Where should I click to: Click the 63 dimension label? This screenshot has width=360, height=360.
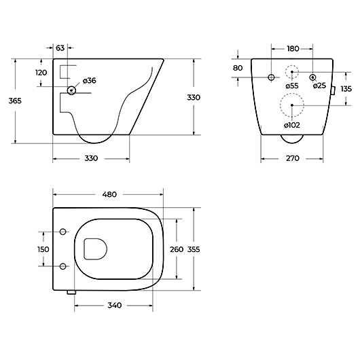60,48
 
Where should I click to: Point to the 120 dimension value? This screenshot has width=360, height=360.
41,73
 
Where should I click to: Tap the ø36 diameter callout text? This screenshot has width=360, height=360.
90,81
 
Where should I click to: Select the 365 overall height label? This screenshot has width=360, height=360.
15,101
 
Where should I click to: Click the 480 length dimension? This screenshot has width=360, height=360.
109,194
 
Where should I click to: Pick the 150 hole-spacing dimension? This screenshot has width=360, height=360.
43,249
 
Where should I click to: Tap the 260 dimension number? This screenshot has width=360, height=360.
177,249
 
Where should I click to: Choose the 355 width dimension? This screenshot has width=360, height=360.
194,249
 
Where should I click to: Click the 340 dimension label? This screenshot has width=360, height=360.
115,306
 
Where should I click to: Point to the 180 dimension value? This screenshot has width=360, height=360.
293,49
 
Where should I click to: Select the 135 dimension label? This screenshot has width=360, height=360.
346,89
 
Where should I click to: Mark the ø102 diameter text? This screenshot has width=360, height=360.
292,126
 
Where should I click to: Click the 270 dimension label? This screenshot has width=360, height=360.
293,158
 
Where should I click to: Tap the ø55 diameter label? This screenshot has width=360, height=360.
292,86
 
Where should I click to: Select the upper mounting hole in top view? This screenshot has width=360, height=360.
63,232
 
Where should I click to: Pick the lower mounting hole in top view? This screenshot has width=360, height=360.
63,266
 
